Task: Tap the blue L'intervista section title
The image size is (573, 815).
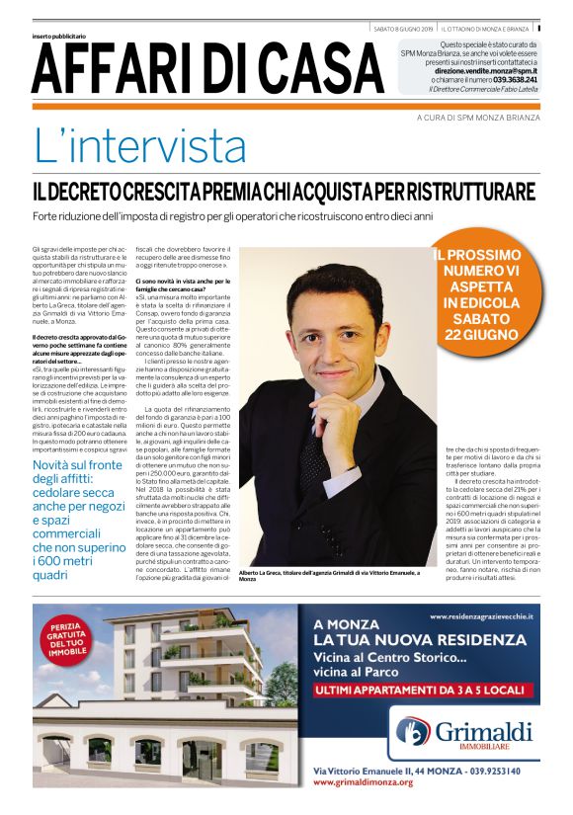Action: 140,146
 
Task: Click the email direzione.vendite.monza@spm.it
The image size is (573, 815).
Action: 486,71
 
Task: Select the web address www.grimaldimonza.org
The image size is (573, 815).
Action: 363,781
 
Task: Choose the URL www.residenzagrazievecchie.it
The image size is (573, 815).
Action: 482,615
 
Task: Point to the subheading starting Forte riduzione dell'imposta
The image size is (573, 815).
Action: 232,214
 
